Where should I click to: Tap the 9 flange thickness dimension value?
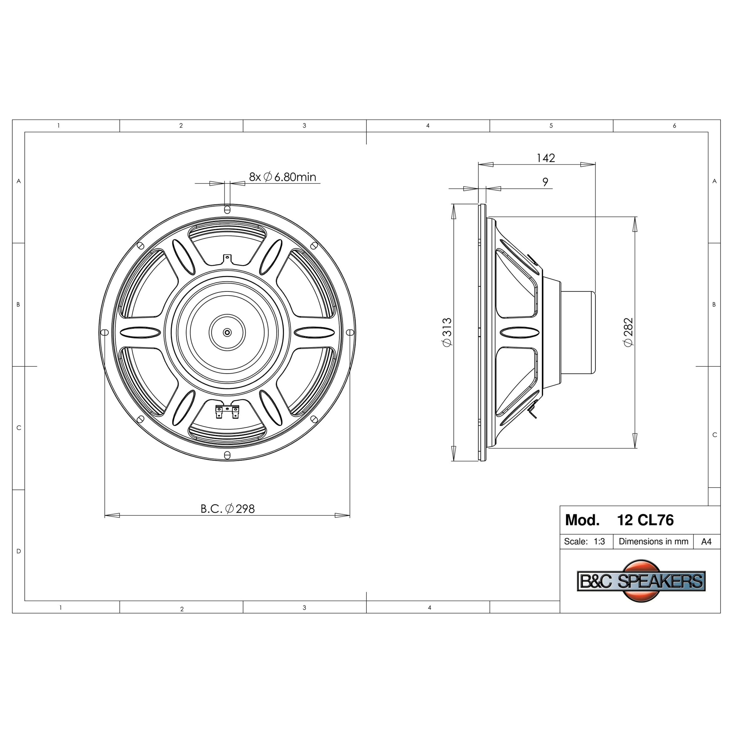click(x=545, y=182)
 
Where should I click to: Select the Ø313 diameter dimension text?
click(x=447, y=332)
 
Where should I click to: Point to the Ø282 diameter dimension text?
click(x=628, y=332)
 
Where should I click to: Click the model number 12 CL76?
click(x=645, y=520)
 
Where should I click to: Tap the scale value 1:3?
click(x=599, y=541)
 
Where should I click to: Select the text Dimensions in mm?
click(x=653, y=541)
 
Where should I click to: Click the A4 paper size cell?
click(x=706, y=542)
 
